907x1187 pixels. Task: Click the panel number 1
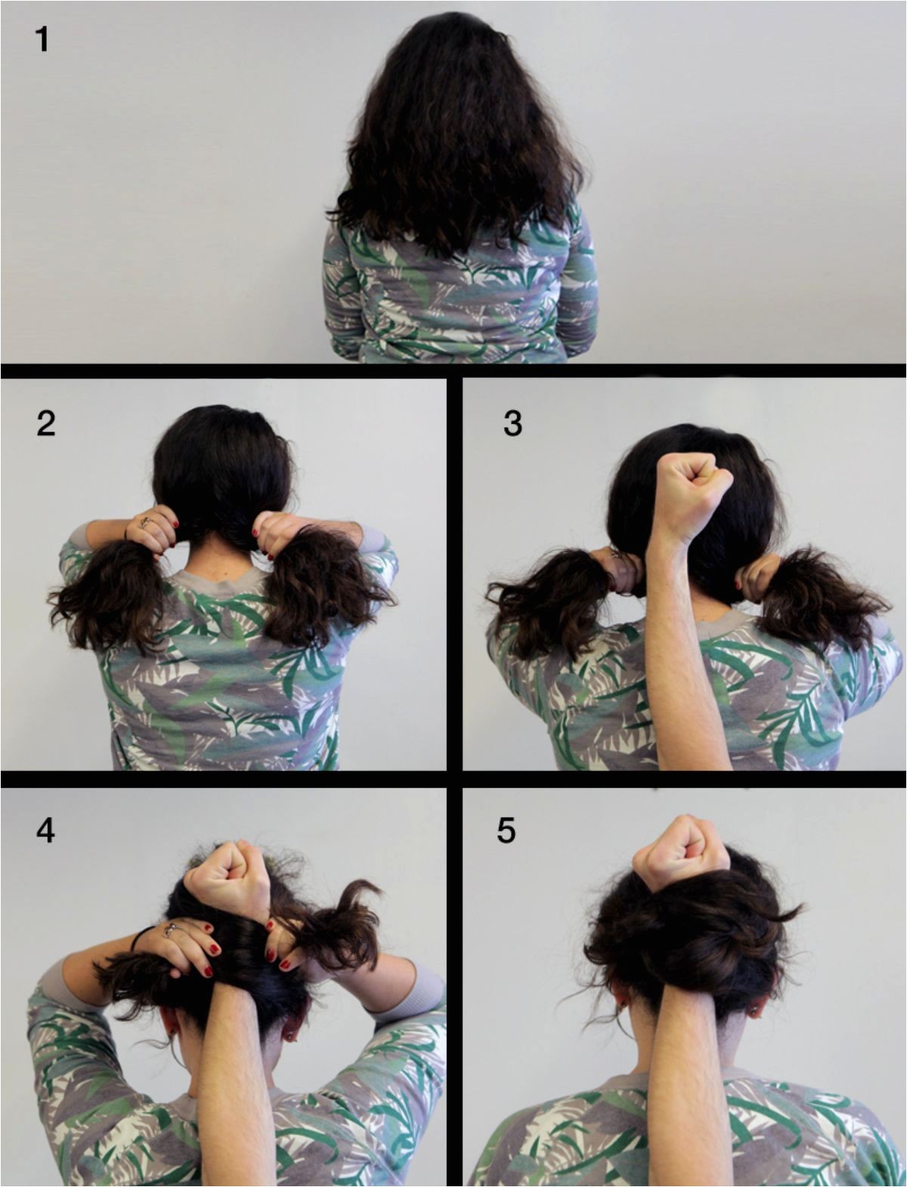pos(42,39)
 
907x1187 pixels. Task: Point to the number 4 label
pos(45,830)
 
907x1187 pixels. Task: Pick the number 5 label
pos(506,830)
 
